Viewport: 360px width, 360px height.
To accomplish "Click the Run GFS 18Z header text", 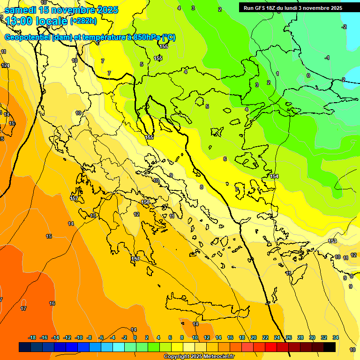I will tap(293, 8).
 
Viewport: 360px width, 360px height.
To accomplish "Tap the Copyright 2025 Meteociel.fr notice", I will tap(199, 357).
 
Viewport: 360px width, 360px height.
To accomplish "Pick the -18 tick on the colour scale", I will tap(32, 337).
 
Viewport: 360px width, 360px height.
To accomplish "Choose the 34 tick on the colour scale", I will tap(336, 337).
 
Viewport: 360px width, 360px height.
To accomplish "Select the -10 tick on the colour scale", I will tap(79, 337).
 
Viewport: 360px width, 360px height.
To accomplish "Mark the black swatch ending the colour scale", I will tap(330, 347).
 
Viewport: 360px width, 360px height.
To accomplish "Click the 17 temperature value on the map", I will tap(23, 308).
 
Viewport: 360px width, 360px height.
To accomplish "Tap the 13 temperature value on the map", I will tap(93, 216).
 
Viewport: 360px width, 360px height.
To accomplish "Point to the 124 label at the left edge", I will tap(5, 66).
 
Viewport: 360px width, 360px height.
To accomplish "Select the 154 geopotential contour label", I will tap(274, 176).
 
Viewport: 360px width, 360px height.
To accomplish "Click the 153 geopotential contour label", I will tap(332, 241).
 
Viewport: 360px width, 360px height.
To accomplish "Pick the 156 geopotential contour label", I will tap(145, 202).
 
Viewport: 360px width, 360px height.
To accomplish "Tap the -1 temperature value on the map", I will tap(327, 58).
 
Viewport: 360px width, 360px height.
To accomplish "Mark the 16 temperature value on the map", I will tap(52, 303).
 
